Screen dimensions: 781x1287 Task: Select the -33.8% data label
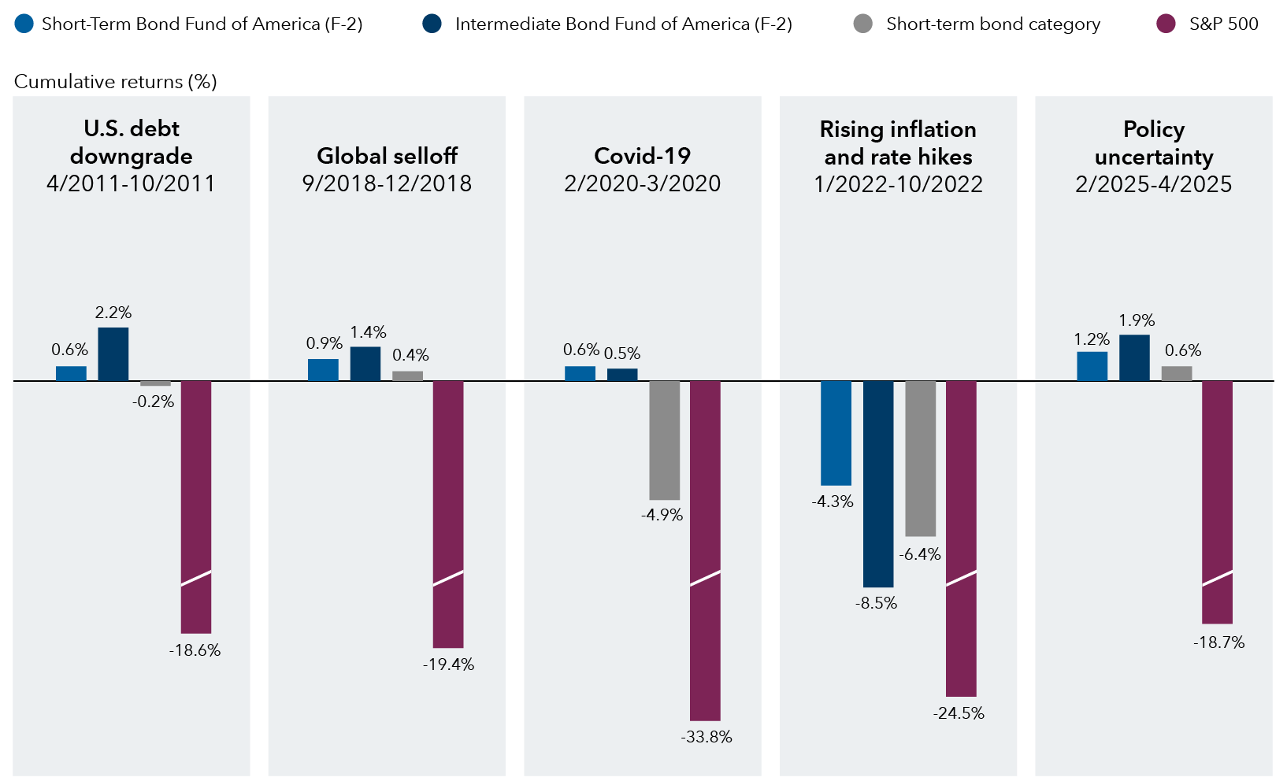[707, 737]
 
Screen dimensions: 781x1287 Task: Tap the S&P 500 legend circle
[1166, 24]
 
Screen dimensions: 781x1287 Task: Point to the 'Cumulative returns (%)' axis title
[116, 82]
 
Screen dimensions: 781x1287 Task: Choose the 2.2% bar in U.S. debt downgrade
[113, 354]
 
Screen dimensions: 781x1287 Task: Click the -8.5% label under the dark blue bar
[876, 603]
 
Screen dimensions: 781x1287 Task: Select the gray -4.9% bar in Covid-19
[664, 440]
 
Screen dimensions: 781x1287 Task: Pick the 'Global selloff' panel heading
[387, 156]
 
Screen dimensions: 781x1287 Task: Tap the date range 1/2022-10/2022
[898, 184]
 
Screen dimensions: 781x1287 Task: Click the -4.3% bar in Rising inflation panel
[836, 433]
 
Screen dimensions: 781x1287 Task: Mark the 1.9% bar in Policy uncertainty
[1134, 358]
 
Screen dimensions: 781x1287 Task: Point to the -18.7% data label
[1218, 642]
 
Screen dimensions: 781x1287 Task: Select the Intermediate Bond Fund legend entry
[622, 24]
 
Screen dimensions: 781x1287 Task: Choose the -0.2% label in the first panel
[153, 402]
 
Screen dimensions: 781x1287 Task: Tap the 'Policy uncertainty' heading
[1153, 143]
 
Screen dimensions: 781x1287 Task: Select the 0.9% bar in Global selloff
[323, 370]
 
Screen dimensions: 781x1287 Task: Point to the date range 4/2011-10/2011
[131, 183]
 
